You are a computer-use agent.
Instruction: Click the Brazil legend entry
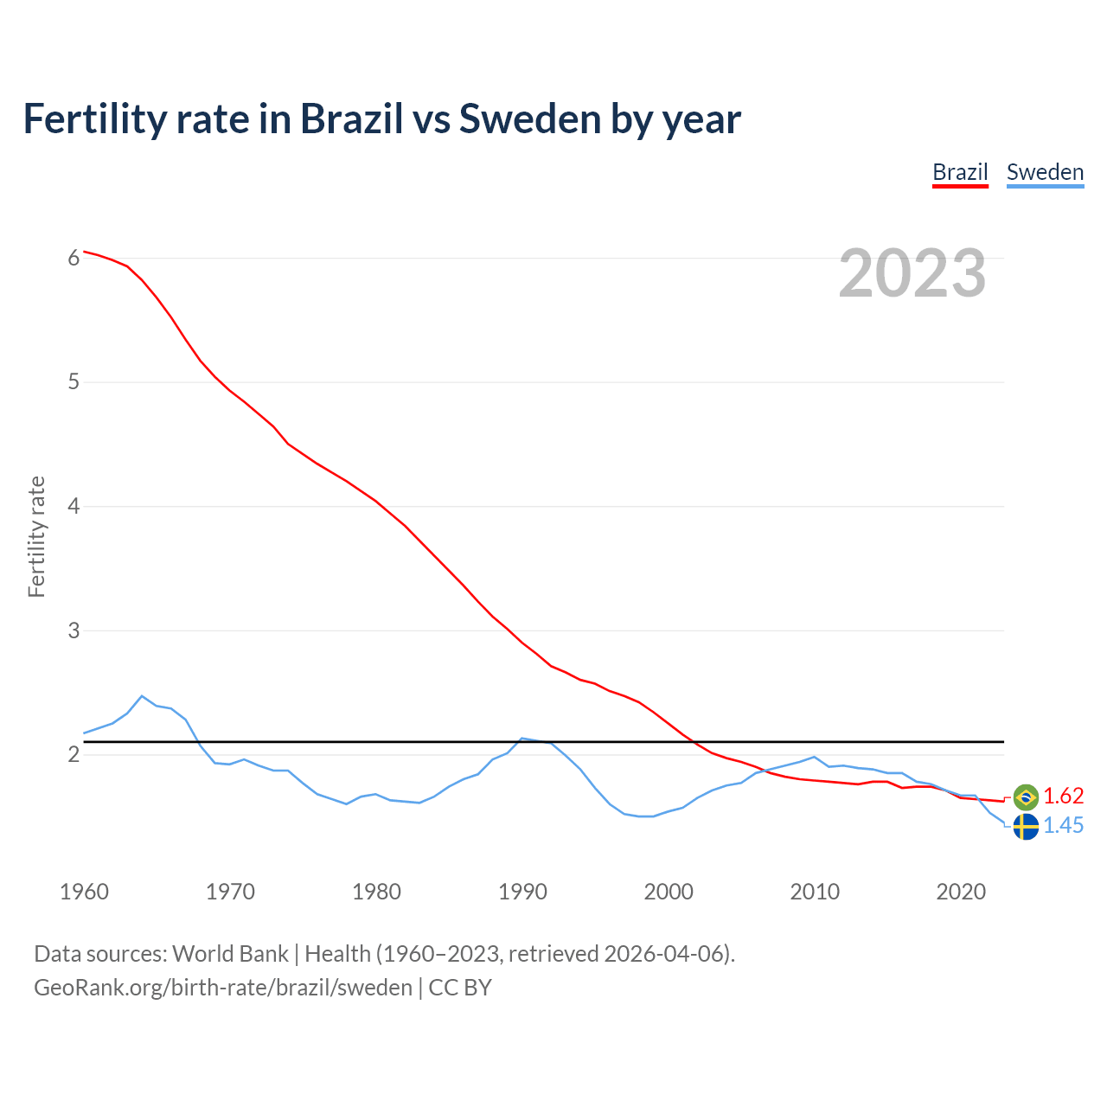point(960,172)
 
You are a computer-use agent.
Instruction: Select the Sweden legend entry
point(1045,172)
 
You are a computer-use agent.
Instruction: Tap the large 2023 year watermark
point(912,273)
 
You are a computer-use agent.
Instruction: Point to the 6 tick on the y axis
point(74,258)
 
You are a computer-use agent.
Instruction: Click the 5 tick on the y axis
point(74,382)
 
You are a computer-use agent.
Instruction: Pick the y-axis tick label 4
point(74,507)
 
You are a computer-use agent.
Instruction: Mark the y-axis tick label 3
point(74,630)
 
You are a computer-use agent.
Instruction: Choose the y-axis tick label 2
point(74,755)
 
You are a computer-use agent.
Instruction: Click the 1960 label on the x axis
point(84,892)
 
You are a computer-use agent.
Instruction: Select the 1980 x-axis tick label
point(376,892)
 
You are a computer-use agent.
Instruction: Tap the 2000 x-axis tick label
point(669,892)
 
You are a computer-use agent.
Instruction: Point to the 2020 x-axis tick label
point(961,892)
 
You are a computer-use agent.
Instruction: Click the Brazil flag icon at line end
point(1026,797)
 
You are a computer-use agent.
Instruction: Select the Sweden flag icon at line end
point(1026,827)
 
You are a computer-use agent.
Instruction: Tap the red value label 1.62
point(1064,797)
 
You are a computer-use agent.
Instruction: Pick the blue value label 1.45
point(1064,826)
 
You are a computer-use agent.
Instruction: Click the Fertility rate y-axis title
point(36,536)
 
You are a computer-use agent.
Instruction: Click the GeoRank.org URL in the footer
point(223,988)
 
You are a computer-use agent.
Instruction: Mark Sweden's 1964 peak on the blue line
point(142,696)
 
